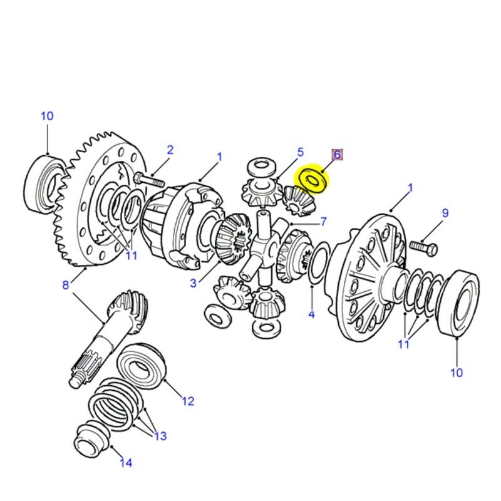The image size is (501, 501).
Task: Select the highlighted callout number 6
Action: [x=337, y=154]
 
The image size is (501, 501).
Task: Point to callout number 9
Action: [x=445, y=214]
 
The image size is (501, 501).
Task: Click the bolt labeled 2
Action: [x=149, y=182]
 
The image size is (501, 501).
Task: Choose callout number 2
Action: [x=169, y=150]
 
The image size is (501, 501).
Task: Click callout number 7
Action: [x=323, y=221]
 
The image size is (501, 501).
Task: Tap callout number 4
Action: [x=311, y=314]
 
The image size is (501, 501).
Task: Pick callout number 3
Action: [x=194, y=284]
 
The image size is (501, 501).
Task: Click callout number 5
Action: [x=300, y=152]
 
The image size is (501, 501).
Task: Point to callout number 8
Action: [x=65, y=286]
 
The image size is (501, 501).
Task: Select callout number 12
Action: [x=188, y=401]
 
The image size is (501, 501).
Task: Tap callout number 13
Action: [x=161, y=436]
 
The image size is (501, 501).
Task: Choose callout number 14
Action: [x=126, y=463]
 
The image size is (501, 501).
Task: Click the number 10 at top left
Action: [x=47, y=116]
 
